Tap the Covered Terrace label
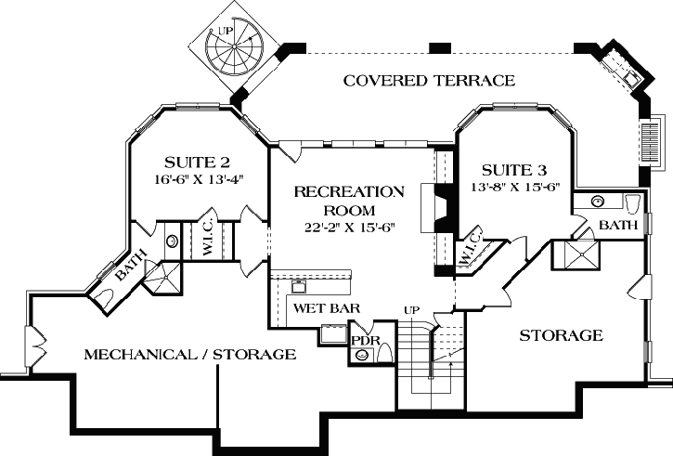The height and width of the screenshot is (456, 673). pyautogui.click(x=429, y=81)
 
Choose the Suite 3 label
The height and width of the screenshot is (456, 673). pyautogui.click(x=514, y=171)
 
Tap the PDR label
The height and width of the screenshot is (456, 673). pyautogui.click(x=361, y=339)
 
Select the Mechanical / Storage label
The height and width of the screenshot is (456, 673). pyautogui.click(x=190, y=354)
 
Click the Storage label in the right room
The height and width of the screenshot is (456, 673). pyautogui.click(x=561, y=334)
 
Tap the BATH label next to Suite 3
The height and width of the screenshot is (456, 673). pyautogui.click(x=618, y=226)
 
